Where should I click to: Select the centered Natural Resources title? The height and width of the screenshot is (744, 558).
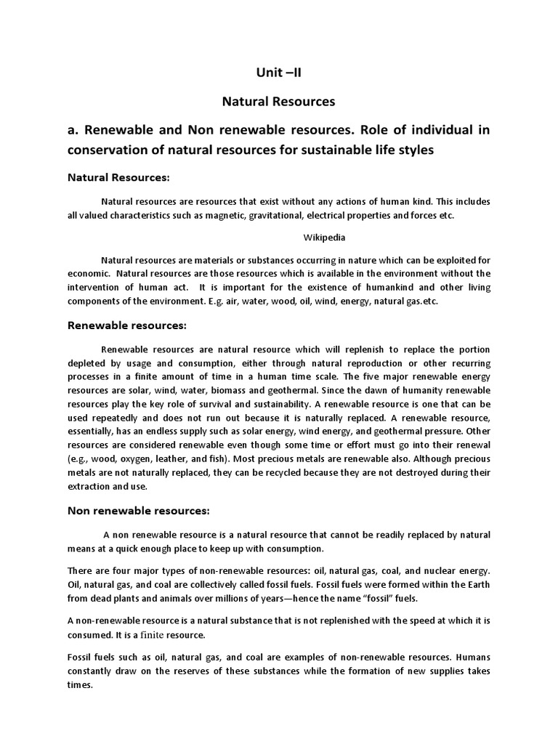click(278, 102)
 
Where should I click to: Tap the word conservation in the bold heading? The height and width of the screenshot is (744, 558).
click(110, 150)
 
